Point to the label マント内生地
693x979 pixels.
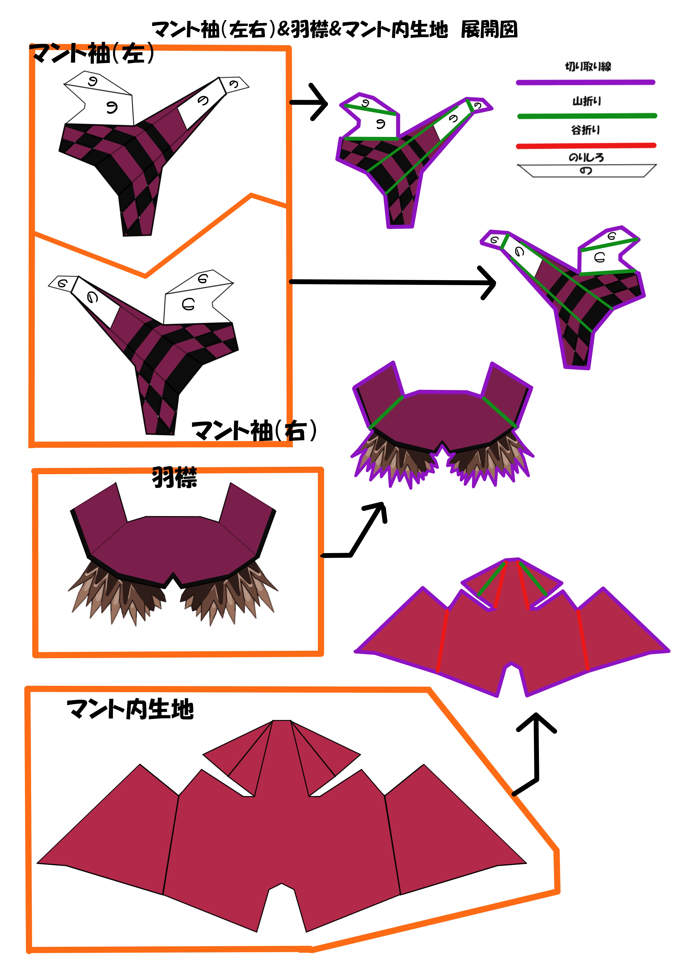click(x=130, y=709)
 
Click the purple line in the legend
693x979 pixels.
click(x=585, y=82)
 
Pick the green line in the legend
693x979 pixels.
click(x=587, y=115)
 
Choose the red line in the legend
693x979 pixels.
click(x=585, y=146)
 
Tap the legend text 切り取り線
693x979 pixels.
click(x=588, y=66)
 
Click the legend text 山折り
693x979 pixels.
click(x=586, y=101)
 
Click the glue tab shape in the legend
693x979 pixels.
click(x=586, y=171)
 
